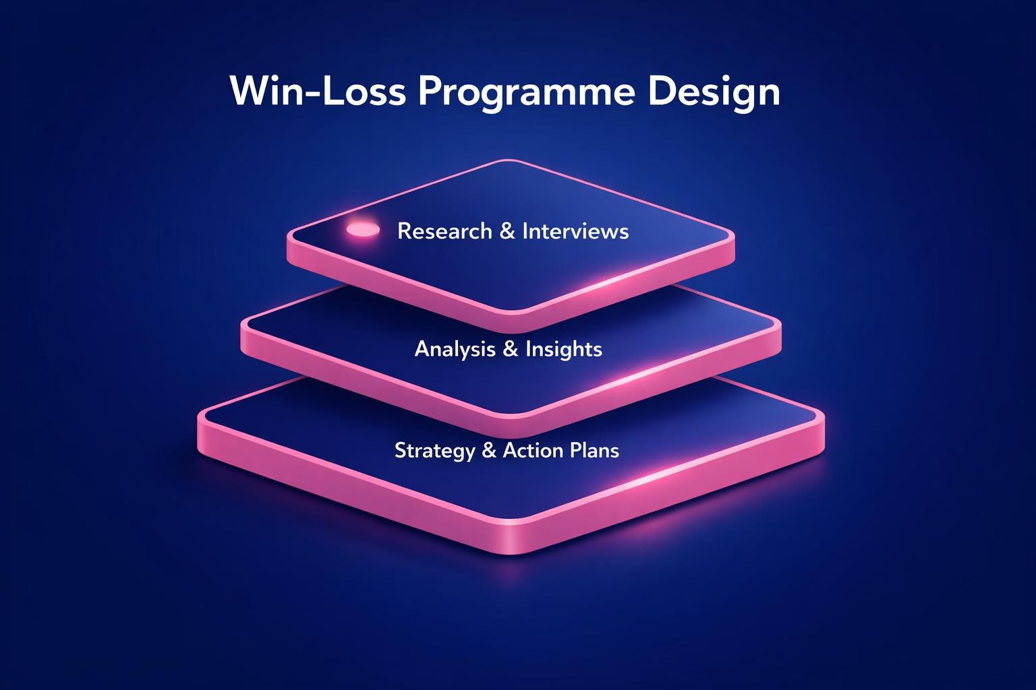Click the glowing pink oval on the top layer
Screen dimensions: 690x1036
(x=362, y=230)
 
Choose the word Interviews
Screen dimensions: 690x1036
(x=575, y=231)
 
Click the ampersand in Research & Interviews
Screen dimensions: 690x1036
(x=507, y=231)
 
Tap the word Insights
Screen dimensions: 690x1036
(x=563, y=349)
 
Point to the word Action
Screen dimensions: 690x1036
(x=532, y=450)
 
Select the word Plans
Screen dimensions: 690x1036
(x=594, y=450)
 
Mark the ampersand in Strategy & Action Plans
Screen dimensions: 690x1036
(x=490, y=450)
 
